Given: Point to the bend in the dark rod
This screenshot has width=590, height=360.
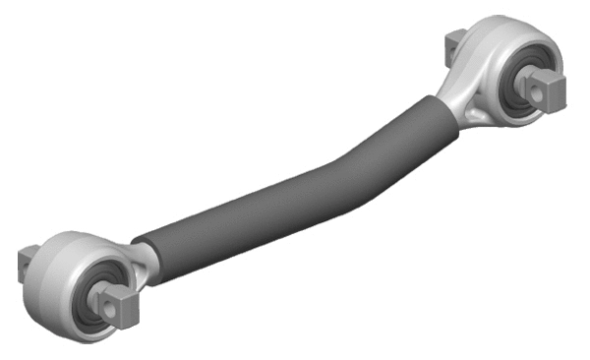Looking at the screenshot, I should pos(339,162).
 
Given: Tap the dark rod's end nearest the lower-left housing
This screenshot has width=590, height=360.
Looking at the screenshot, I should pos(147,251).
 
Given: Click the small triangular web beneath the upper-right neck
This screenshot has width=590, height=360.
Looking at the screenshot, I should pos(477,115).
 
